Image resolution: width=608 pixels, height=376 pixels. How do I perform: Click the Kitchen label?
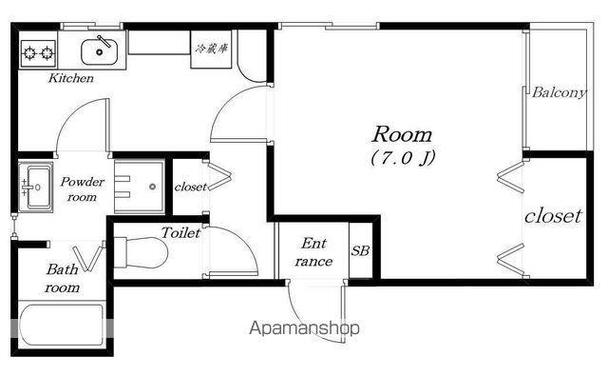tap(71, 78)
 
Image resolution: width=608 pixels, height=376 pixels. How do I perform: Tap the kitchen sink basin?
tap(99, 51)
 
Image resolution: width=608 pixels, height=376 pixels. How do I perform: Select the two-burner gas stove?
tap(38, 52)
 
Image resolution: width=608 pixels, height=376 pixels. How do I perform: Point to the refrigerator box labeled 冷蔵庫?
tap(211, 49)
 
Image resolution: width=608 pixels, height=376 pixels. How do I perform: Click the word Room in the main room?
tap(402, 134)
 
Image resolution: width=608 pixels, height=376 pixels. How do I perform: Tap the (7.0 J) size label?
tap(403, 158)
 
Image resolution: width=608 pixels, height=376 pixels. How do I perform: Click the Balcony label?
tap(559, 92)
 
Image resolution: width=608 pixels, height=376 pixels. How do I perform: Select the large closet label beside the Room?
tap(553, 216)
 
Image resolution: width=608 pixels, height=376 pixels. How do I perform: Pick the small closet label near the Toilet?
tap(190, 187)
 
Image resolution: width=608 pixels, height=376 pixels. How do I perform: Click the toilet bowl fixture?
tap(141, 252)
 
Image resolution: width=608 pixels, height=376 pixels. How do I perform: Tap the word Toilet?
tap(180, 232)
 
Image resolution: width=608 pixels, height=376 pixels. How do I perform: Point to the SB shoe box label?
tap(360, 250)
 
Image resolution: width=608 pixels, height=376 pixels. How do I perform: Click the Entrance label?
tap(313, 252)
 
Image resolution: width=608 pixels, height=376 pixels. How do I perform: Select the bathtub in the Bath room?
tap(62, 326)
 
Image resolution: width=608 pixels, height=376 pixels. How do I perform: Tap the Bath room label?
tap(62, 278)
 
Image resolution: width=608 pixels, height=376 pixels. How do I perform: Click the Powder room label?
tap(83, 189)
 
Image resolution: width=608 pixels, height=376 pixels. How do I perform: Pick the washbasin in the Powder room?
tap(36, 188)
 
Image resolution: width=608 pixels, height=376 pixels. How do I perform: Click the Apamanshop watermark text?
tap(304, 328)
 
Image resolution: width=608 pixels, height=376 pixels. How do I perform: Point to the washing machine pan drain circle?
tap(152, 187)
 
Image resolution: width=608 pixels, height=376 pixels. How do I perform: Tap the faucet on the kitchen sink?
tap(104, 41)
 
